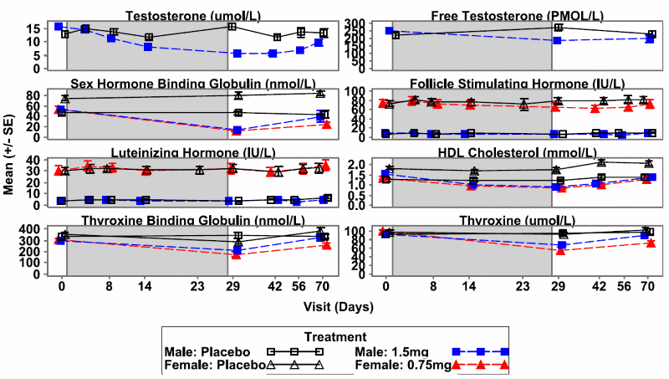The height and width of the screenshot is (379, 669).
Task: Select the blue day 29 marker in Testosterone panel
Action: click(237, 54)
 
